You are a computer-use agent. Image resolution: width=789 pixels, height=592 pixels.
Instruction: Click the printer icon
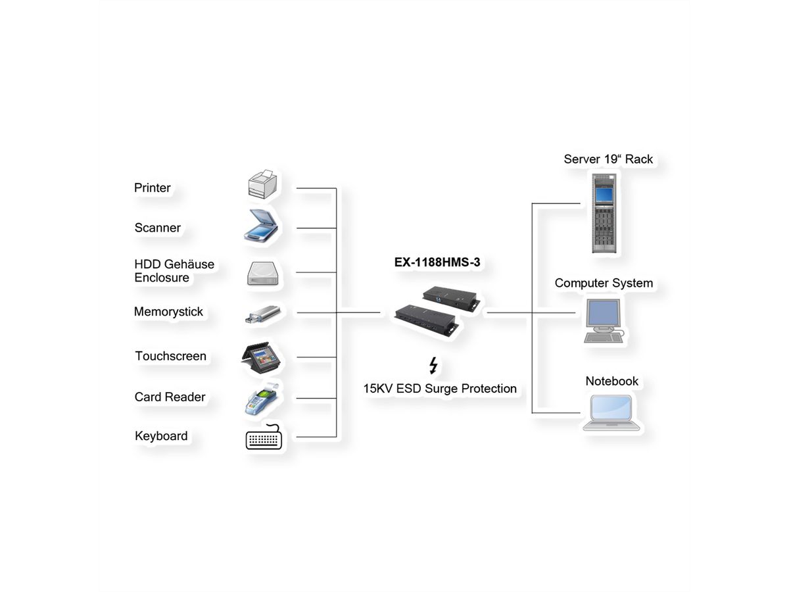(x=262, y=185)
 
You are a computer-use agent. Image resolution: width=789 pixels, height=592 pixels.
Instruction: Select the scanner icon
(x=263, y=227)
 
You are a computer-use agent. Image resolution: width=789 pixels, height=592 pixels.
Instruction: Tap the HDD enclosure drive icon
(x=264, y=273)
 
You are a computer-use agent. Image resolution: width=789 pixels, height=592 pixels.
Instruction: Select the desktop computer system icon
(x=603, y=320)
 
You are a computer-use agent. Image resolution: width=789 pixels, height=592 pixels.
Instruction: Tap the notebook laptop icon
(x=611, y=412)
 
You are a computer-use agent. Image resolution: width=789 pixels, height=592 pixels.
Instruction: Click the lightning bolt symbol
(x=433, y=366)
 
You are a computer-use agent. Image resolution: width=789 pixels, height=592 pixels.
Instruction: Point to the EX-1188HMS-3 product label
(x=437, y=262)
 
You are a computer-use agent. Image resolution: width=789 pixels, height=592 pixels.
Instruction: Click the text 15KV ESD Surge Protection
(x=440, y=389)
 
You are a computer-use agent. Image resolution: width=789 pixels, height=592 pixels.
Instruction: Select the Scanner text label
(x=157, y=228)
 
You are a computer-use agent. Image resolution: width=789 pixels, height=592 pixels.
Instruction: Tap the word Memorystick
(x=168, y=312)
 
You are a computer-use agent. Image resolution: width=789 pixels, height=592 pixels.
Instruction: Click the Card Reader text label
(x=170, y=397)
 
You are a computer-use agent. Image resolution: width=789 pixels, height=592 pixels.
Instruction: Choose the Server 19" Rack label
(x=608, y=159)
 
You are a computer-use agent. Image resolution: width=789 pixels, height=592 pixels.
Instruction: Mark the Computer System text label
(x=604, y=283)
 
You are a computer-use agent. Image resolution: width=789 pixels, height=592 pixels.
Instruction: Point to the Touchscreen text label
(x=170, y=356)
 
